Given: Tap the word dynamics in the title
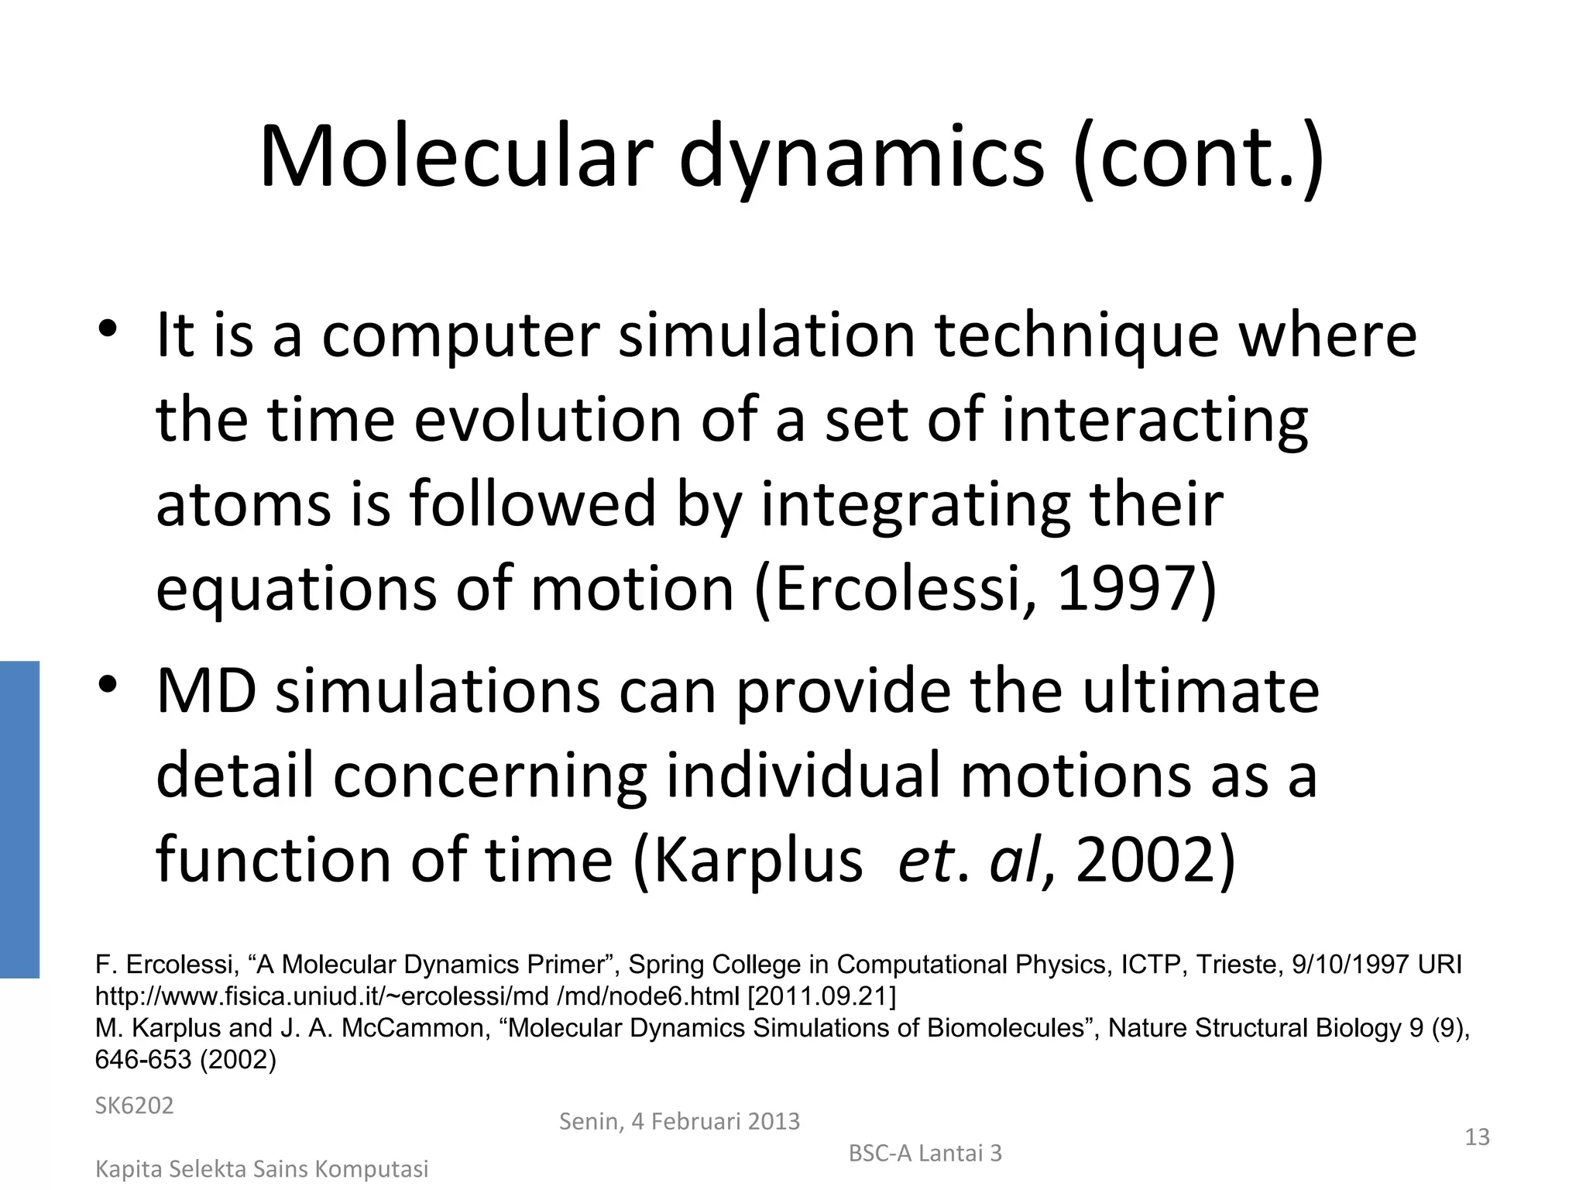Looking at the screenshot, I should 861,159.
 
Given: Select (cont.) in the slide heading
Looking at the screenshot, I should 1199,159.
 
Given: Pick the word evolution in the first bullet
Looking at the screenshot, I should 548,420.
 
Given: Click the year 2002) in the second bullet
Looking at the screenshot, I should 1154,860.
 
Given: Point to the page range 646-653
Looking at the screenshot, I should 142,1060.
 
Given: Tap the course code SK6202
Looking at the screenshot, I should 134,1106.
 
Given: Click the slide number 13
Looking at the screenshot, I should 1477,1137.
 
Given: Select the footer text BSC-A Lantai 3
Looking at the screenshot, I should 925,1154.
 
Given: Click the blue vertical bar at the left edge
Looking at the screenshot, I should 19,819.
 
